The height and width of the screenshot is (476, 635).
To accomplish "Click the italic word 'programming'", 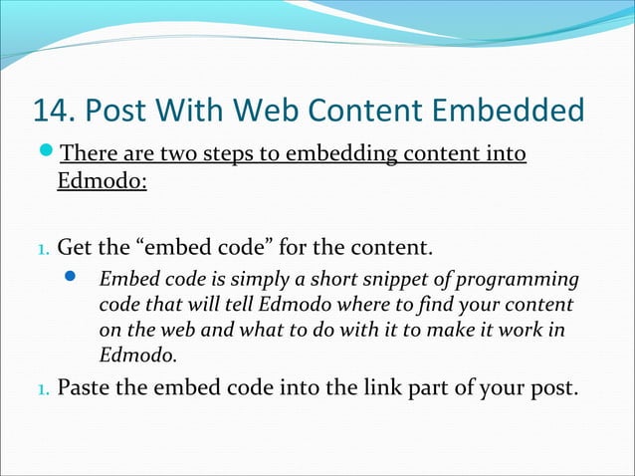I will [519, 279].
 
